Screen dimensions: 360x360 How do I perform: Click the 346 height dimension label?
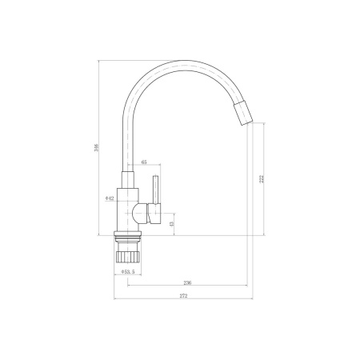(97, 148)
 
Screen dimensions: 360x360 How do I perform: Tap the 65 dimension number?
(144, 162)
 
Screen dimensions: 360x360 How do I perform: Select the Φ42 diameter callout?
(110, 198)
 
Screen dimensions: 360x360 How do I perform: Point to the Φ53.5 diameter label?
(128, 271)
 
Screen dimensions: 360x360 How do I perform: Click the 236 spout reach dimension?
(188, 282)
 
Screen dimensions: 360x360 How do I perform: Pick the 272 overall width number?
(183, 296)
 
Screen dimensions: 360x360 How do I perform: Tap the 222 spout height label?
(262, 178)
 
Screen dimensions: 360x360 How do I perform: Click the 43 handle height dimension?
(172, 223)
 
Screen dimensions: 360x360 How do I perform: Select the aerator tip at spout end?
(243, 113)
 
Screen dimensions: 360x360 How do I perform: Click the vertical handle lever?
(155, 190)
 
